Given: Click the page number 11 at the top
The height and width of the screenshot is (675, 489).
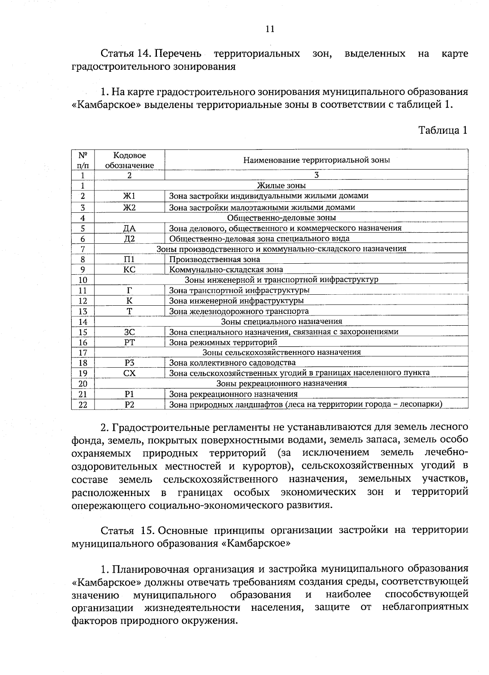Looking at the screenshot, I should coord(270,29).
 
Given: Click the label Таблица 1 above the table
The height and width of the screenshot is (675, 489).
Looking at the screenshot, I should coord(443,130).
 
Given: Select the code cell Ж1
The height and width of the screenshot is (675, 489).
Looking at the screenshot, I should coord(129,196).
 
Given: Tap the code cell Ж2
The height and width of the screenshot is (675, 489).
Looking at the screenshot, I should coord(129,207).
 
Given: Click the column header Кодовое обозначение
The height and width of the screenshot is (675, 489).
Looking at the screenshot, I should coord(129,160).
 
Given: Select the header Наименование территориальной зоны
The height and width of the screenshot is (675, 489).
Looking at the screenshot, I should coord(316,160).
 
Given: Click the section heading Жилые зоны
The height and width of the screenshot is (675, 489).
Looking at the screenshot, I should coord(281,186).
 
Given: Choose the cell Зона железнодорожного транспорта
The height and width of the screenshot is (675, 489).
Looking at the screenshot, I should coord(239,311).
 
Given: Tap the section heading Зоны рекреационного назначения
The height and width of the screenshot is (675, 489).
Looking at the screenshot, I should coord(281,384).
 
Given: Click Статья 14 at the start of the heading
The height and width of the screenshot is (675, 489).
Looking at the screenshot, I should coord(126,54).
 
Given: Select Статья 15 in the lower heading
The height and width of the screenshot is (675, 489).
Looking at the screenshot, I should coord(127,530).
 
